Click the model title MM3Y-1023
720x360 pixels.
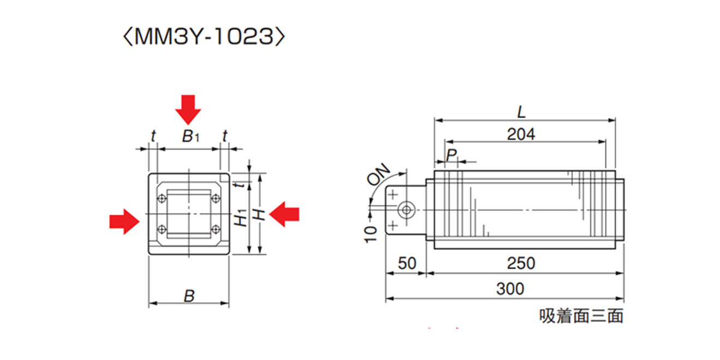pos(203,38)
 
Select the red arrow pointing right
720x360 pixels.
pos(124,220)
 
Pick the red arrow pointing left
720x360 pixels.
pos(285,213)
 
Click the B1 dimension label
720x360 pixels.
pos(189,136)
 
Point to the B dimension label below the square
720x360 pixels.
pos(189,296)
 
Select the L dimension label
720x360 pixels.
pos(521,112)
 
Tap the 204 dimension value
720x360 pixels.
pos(521,134)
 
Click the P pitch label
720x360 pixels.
pos(451,155)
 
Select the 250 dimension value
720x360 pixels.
pos(521,263)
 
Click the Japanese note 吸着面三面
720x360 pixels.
pos(580,316)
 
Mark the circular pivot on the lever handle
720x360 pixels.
pos(406,209)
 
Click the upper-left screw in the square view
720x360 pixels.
pos(161,198)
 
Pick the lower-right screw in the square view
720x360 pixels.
pos(215,228)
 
